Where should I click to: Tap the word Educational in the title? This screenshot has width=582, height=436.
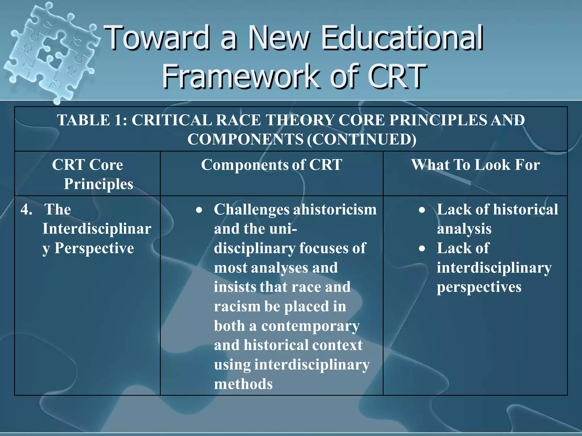click(x=402, y=38)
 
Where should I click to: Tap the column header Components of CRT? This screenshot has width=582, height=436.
click(x=271, y=165)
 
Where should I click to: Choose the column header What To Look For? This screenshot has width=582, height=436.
click(x=475, y=165)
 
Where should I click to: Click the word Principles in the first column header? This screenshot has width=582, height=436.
click(x=98, y=184)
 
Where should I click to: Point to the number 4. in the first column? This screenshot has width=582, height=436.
click(x=26, y=209)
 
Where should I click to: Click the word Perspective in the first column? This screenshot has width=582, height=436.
click(x=94, y=248)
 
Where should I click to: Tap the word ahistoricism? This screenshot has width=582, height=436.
click(x=335, y=209)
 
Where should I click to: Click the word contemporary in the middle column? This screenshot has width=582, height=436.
click(x=310, y=326)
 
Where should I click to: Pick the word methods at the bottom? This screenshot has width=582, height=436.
click(x=243, y=384)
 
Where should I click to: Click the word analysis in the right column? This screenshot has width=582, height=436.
click(x=464, y=229)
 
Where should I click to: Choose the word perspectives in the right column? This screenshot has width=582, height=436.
click(x=479, y=287)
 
